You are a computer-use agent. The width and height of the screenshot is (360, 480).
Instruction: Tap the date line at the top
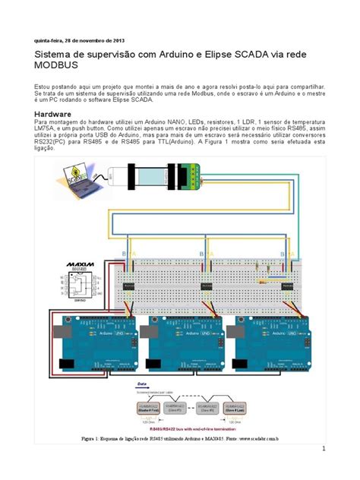coord(74,40)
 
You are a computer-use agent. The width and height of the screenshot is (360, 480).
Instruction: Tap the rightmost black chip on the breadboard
coord(288,286)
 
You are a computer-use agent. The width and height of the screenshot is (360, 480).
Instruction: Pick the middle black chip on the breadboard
coord(207,286)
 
